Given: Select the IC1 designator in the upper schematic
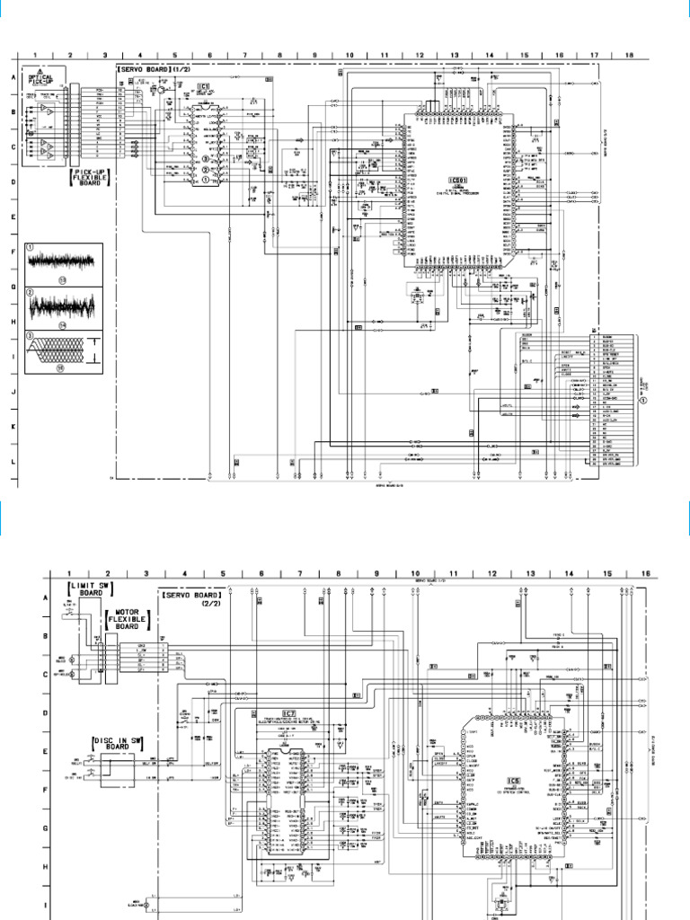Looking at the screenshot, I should (204, 87).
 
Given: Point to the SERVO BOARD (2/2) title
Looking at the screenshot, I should (192, 599).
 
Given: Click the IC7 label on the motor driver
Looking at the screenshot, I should (289, 713).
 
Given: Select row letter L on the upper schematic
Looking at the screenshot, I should (13, 460).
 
